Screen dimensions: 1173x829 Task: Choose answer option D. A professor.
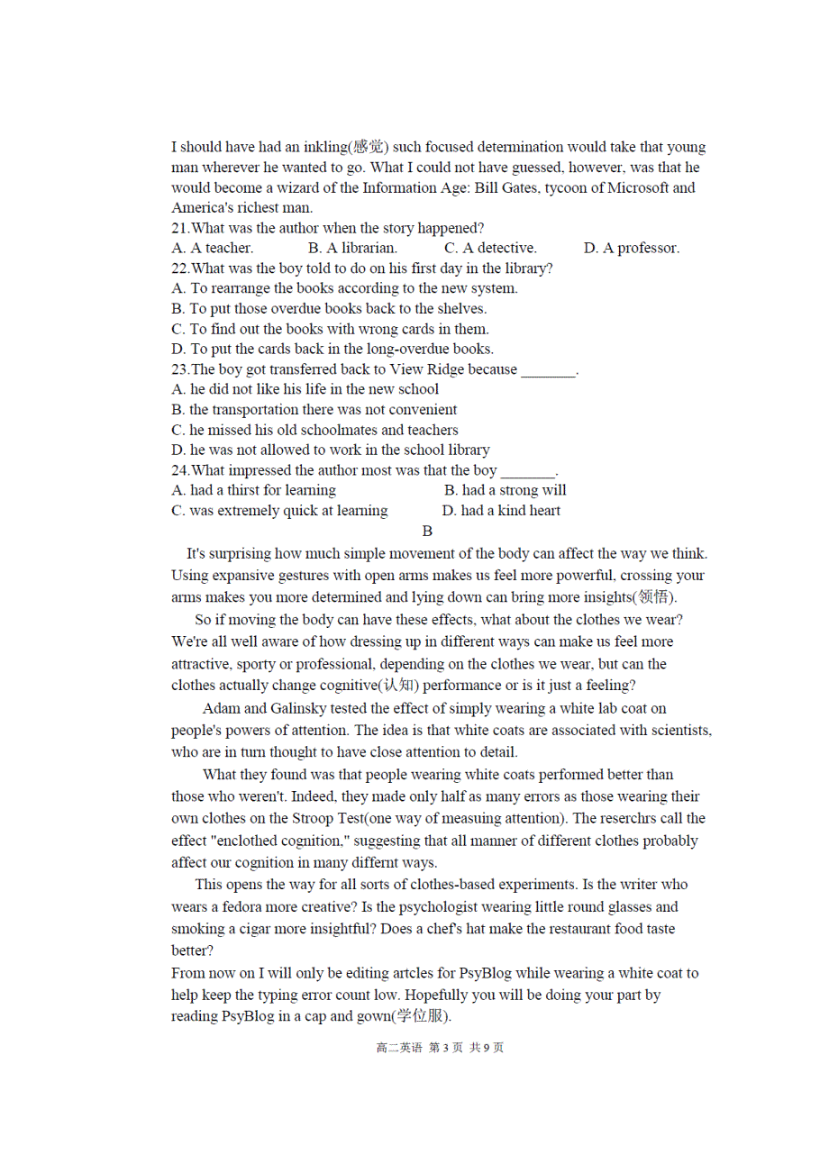point(632,248)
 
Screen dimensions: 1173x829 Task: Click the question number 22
point(179,268)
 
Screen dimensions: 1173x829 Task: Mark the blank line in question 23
point(548,370)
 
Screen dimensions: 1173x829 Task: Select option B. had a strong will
point(506,490)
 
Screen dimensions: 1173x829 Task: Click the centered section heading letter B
point(427,532)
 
